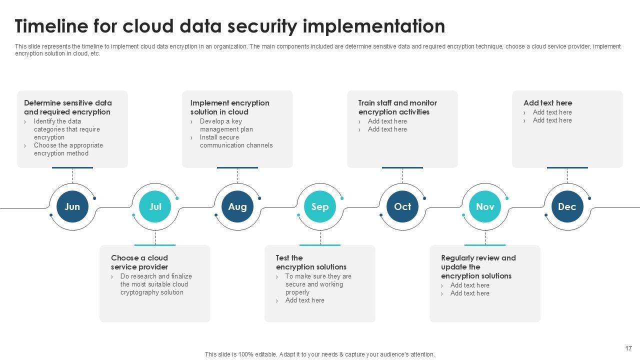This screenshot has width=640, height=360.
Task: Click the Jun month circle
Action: [x=72, y=206]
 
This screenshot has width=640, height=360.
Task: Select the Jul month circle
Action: [x=155, y=206]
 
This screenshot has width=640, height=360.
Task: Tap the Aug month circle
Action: [x=237, y=206]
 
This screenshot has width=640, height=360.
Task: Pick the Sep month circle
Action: [x=320, y=206]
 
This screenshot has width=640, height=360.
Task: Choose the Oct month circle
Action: [x=402, y=206]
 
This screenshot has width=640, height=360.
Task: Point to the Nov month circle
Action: [x=485, y=206]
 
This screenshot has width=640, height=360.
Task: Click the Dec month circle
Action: [x=567, y=206]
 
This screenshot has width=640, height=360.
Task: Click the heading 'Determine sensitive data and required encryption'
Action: [x=68, y=107]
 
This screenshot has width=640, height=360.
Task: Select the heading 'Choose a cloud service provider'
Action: [x=139, y=262]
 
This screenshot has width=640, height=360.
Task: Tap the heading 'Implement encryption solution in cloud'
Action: [x=229, y=107]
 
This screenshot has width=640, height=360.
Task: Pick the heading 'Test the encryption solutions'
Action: [x=311, y=262]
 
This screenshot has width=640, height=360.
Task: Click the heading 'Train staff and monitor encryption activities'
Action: [x=397, y=107]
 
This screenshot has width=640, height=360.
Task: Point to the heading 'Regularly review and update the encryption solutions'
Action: [x=478, y=267]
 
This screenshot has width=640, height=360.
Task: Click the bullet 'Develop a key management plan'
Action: [x=226, y=125]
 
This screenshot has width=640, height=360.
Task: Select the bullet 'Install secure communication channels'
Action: [x=236, y=141]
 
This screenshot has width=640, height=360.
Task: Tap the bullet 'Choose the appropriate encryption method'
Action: [x=68, y=149]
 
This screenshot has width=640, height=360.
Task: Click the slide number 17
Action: [x=628, y=348]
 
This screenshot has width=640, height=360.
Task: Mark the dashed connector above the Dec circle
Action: [x=567, y=176]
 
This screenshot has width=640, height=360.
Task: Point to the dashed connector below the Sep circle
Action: [x=320, y=237]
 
